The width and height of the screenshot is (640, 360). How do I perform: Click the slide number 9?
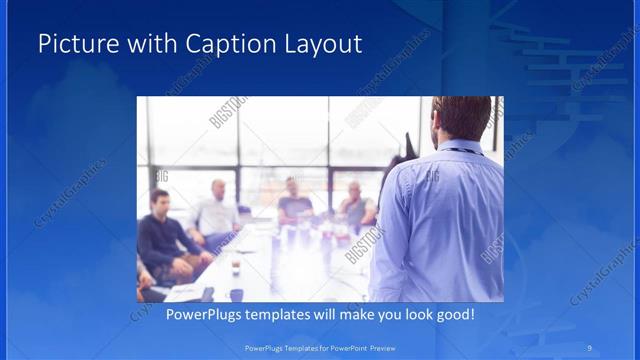tap(591, 348)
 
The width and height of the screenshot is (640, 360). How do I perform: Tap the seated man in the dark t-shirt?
tap(295, 206)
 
